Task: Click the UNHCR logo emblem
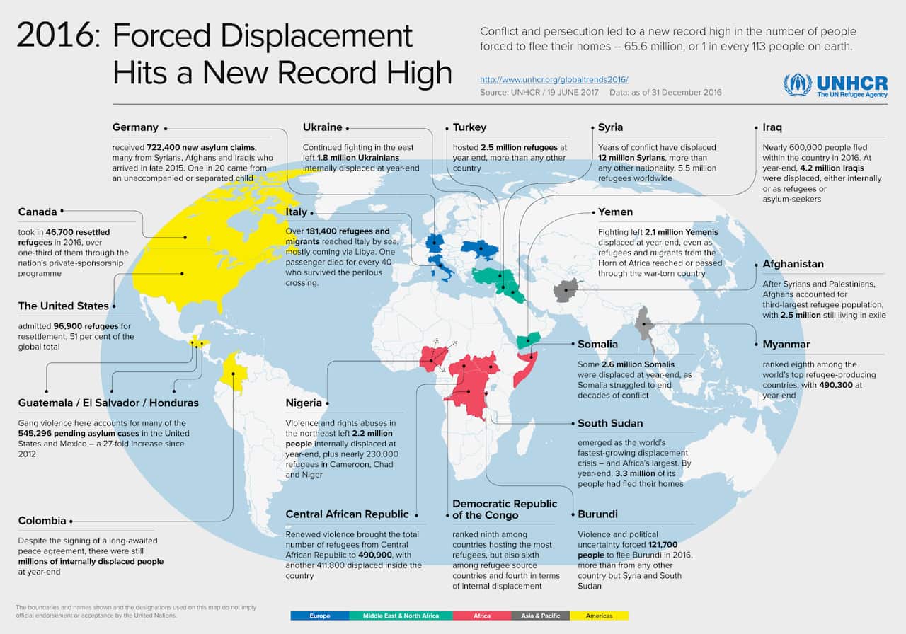point(797,85)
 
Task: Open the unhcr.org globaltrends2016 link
point(554,79)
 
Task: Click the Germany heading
point(135,127)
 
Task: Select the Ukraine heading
point(322,127)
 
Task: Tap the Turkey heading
point(470,127)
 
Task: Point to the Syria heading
point(610,127)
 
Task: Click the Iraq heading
point(772,127)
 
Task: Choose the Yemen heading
point(615,212)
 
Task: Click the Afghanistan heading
point(793,264)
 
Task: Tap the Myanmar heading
point(786,345)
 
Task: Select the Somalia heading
point(597,345)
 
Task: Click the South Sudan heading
point(610,423)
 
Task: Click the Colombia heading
point(42,521)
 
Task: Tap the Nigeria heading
point(304,403)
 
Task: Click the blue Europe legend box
point(319,616)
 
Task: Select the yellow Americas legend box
point(599,616)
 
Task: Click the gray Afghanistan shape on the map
point(566,290)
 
